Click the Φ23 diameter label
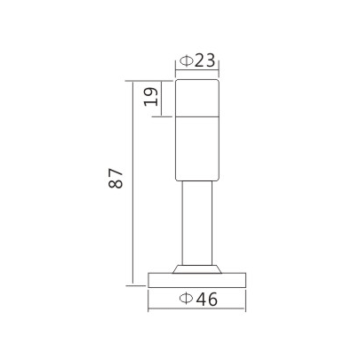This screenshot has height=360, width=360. [197, 61]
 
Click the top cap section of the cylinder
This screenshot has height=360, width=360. [196, 98]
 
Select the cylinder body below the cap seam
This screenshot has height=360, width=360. [196, 147]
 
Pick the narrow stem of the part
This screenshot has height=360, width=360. [196, 222]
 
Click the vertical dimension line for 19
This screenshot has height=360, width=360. [164, 98]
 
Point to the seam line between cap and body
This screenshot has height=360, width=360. [196, 116]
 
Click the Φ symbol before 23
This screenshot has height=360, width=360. [185, 61]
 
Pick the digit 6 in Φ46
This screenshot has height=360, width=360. [212, 300]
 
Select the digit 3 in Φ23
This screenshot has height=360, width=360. [210, 61]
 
